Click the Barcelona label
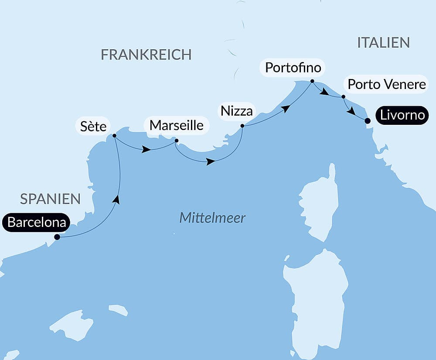pos(37,223)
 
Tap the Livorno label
pos(402,116)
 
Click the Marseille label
pos(177,125)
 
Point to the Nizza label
pos(236,111)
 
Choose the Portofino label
pos(293,68)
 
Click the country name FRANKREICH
pos(146,55)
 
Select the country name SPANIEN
pos(51,199)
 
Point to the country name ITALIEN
pos(383,43)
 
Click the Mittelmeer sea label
pos(212,218)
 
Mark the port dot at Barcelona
pos(57,237)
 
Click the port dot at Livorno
pos(368,121)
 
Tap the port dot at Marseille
pos(176,141)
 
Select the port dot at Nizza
pos(242,126)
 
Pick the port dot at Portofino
pos(312,81)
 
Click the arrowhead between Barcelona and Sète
pos(116,199)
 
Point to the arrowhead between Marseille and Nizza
pos(211,161)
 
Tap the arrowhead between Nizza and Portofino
pos(286,108)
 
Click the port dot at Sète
pos(114,136)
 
